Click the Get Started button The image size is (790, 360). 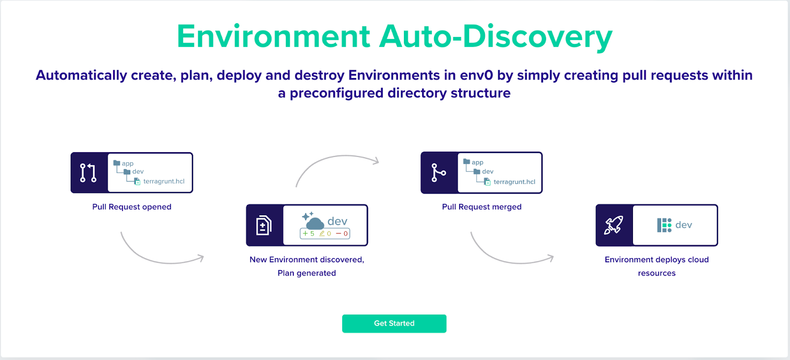coord(394,323)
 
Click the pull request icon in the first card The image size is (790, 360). coord(88,173)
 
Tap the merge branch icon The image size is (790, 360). coord(438,173)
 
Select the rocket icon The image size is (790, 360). coord(614,225)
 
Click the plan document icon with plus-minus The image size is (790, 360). coord(264,225)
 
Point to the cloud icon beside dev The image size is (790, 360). coord(313,221)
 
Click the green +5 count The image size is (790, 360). coord(309,234)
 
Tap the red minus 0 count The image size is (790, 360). coord(342,234)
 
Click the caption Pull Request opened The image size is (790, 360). coord(131,206)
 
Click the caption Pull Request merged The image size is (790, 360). coord(481,206)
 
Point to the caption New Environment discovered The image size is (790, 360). coord(307,260)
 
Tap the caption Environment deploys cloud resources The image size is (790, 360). coord(656,266)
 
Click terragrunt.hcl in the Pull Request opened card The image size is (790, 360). coord(163,181)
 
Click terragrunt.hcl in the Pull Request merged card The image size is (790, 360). coord(514,182)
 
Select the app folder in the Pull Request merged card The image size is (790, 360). coord(474,162)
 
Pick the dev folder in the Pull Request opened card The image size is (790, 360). coord(134,171)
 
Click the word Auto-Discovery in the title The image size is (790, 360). coord(496,37)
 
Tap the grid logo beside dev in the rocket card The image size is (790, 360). coord(664,225)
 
